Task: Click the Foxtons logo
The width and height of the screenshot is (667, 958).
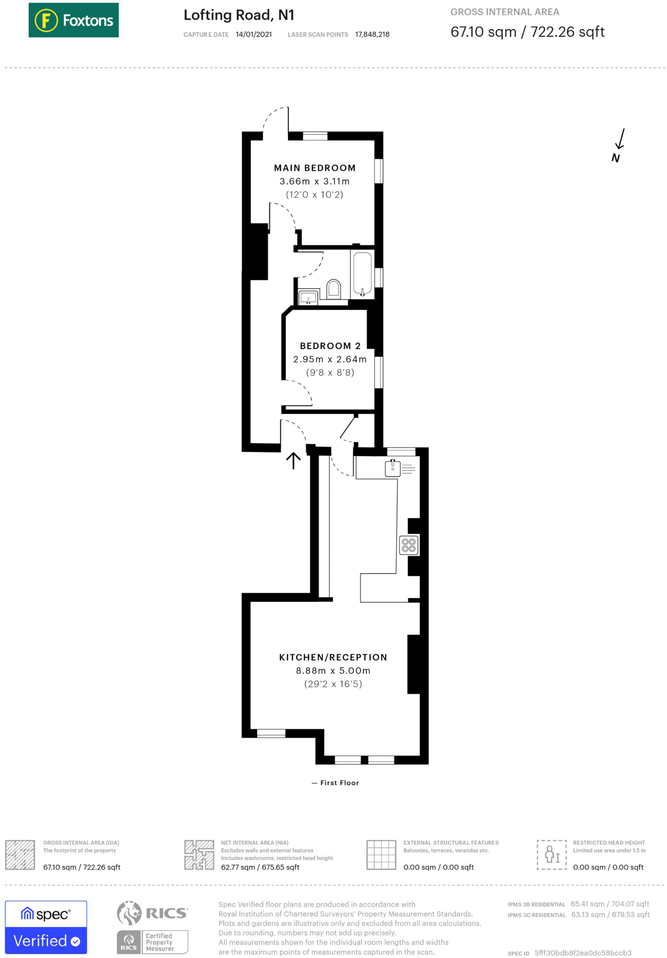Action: tap(73, 20)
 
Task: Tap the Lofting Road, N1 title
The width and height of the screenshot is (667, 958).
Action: tap(239, 15)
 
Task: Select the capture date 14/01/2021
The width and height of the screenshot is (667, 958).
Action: tap(254, 34)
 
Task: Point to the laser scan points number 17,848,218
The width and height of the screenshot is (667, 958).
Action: tap(372, 34)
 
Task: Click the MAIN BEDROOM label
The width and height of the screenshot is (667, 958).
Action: tap(315, 168)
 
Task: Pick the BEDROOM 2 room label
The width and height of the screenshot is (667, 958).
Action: tap(330, 346)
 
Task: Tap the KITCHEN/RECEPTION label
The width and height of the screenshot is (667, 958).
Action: tap(333, 657)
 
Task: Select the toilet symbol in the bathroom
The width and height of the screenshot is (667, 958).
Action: tap(333, 288)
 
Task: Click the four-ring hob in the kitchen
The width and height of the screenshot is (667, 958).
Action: tap(409, 545)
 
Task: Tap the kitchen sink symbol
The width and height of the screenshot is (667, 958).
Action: tap(393, 468)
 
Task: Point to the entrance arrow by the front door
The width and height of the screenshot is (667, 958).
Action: tap(293, 460)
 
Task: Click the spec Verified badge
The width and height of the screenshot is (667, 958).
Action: tap(46, 927)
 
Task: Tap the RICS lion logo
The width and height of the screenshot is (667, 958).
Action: tap(129, 913)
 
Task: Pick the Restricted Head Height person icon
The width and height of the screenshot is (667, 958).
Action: tap(552, 855)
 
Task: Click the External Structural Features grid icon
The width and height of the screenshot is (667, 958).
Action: tap(381, 855)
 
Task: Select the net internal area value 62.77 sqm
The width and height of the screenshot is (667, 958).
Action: tap(260, 867)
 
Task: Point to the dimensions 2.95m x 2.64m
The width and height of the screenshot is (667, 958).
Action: tap(330, 359)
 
